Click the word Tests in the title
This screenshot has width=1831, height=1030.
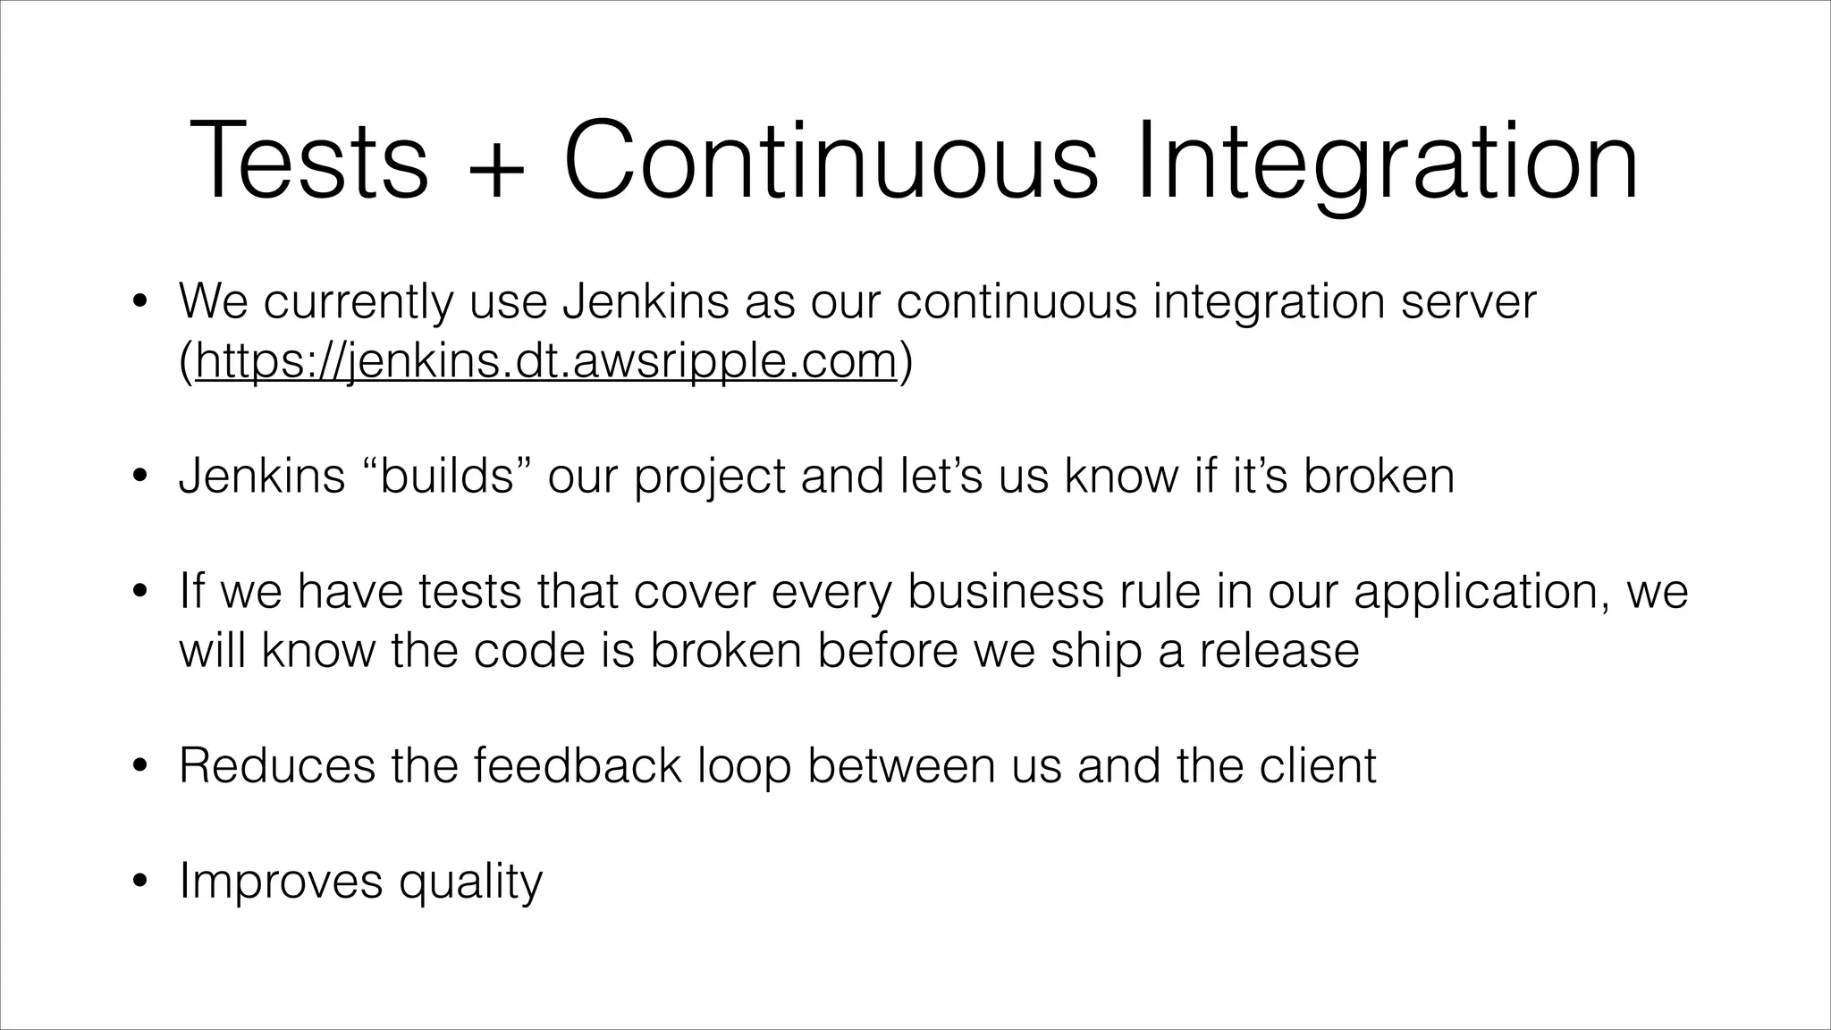click(x=308, y=161)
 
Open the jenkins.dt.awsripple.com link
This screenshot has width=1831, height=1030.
click(x=545, y=361)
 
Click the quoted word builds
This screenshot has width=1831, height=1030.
click(x=446, y=476)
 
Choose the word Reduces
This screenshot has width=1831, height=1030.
click(x=277, y=765)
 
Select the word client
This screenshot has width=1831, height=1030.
click(x=1318, y=765)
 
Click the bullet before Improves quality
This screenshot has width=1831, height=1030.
click(x=139, y=882)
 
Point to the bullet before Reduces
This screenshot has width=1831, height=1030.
click(x=139, y=766)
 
